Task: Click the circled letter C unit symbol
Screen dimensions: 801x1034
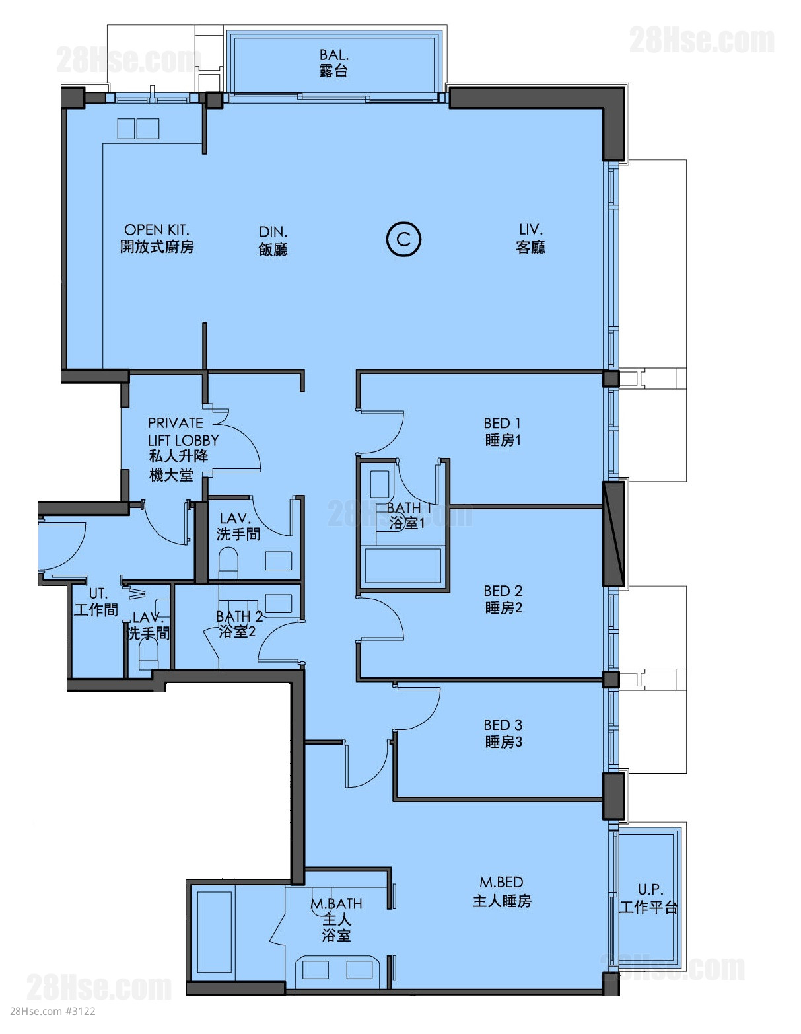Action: coord(403,239)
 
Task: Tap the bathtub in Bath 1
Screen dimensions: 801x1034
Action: coord(403,564)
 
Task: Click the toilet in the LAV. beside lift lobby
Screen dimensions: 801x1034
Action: coord(228,563)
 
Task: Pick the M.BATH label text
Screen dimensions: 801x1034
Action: coord(337,903)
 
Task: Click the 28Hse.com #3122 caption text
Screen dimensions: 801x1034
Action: coord(53,1024)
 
